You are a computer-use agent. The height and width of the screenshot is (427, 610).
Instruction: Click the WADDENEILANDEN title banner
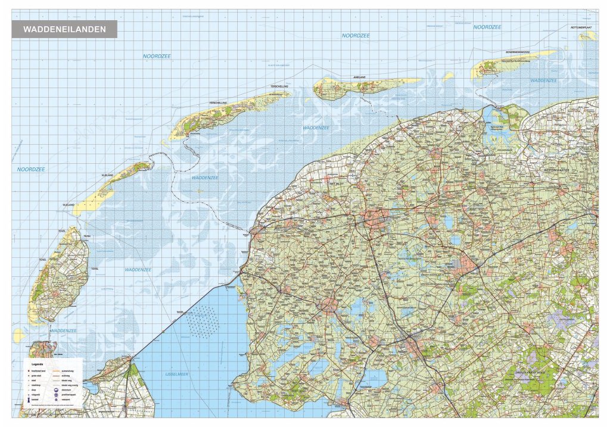pyautogui.click(x=64, y=29)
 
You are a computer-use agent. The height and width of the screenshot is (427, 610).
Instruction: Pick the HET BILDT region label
pyautogui.click(x=338, y=185)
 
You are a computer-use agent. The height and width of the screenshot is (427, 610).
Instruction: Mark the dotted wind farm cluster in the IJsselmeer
pyautogui.click(x=203, y=320)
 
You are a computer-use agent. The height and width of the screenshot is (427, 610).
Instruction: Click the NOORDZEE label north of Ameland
pyautogui.click(x=356, y=36)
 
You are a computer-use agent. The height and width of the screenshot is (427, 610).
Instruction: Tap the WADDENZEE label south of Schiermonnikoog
pyautogui.click(x=543, y=80)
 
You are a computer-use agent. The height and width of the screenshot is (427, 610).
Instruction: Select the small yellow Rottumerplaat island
pyautogui.click(x=587, y=36)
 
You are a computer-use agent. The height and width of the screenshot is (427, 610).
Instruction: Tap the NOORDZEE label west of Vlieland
pyautogui.click(x=31, y=170)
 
